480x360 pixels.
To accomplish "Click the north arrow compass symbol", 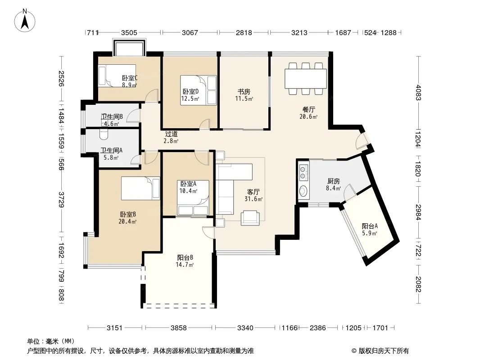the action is click(25, 20).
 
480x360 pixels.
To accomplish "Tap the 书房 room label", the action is click(244, 91).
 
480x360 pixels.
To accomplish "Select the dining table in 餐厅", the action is click(305, 79).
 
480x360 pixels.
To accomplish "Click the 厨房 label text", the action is click(333, 181).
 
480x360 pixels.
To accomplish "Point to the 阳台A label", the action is click(370, 226).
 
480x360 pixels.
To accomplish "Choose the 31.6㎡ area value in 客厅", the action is click(254, 199).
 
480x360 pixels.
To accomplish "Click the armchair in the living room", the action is click(250, 218).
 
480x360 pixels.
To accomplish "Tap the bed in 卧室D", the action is click(199, 90).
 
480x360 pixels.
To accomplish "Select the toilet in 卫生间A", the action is click(104, 134).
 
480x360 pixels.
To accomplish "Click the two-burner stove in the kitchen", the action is click(303, 172).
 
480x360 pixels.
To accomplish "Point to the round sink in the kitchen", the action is click(303, 191).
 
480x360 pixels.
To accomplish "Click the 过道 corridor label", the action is click(171, 134).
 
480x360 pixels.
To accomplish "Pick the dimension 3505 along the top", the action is click(129, 32).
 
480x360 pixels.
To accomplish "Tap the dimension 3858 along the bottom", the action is click(179, 328).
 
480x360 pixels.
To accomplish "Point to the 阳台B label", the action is click(185, 257).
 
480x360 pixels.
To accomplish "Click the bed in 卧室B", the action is click(140, 188).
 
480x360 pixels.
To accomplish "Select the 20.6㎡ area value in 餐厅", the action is click(308, 117).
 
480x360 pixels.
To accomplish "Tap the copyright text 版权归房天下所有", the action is click(383, 351).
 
